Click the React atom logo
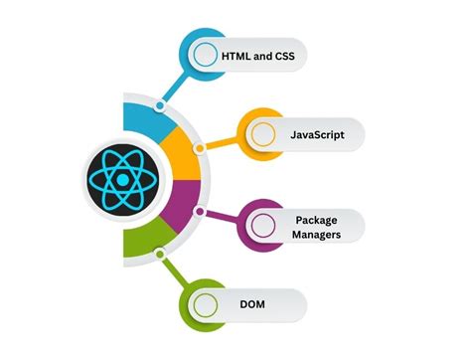tap(117, 179)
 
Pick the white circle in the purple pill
tap(262, 226)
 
